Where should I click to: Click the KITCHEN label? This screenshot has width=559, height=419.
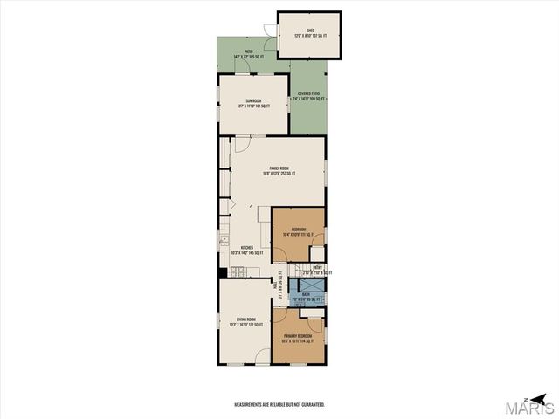(247, 250)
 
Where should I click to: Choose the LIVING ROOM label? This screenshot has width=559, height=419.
(245, 321)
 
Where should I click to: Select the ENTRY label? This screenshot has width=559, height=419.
(318, 269)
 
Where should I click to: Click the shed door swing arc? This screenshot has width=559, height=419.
(272, 44)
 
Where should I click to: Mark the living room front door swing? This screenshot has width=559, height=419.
(262, 357)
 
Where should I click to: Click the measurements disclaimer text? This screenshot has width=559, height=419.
(279, 405)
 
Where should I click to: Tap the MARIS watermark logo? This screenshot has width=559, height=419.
(531, 407)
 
